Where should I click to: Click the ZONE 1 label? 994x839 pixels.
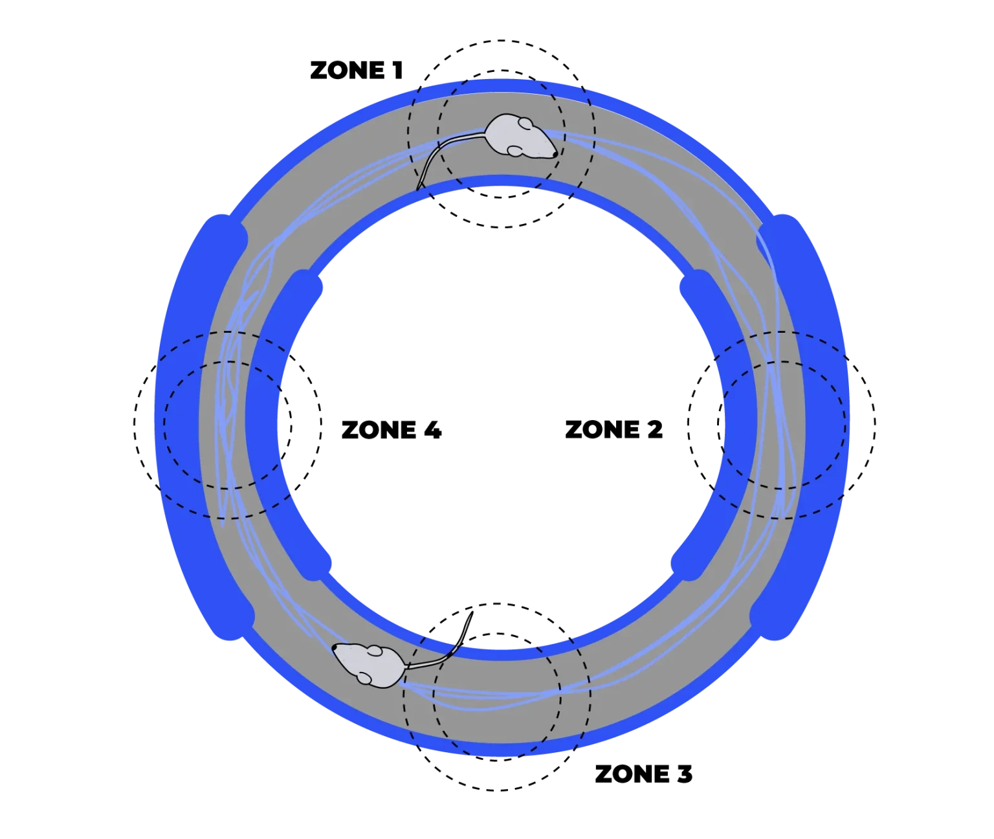click(356, 70)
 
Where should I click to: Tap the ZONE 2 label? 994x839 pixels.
click(613, 429)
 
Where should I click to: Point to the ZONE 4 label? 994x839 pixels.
click(392, 429)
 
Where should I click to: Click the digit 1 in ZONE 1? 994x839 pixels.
click(398, 70)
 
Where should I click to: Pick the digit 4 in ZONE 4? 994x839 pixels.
click(433, 429)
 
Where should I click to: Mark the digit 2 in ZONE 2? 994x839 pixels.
click(654, 429)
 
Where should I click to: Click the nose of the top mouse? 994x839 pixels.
click(555, 154)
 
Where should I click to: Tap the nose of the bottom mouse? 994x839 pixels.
click(335, 647)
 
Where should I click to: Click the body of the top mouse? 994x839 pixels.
click(516, 135)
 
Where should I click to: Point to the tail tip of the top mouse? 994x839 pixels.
click(417, 190)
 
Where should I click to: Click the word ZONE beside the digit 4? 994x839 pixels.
click(379, 429)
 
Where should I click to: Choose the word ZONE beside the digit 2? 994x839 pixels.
click(602, 429)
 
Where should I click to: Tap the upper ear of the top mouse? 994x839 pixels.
click(525, 124)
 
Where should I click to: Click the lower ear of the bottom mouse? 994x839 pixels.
click(366, 678)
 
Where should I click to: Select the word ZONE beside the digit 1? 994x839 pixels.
click(348, 70)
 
